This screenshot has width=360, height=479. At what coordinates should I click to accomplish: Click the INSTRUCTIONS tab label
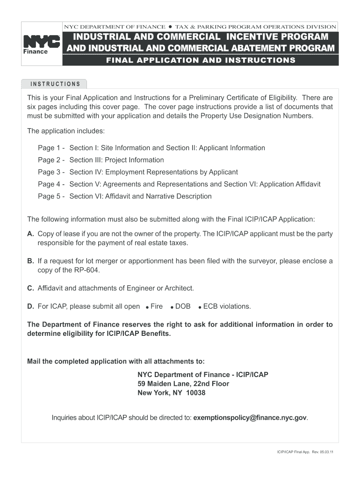tap(55, 84)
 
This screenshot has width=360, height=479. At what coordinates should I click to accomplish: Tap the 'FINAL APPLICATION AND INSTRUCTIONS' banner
tap(201, 60)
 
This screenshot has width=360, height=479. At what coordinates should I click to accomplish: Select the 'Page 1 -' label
tap(51, 148)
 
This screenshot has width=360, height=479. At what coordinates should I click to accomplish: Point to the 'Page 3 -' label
tap(51, 172)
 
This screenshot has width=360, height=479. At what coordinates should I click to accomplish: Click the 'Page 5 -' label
tap(51, 196)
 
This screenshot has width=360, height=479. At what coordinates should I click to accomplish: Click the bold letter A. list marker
tap(30, 233)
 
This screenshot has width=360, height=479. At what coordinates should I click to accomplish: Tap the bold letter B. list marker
tap(30, 261)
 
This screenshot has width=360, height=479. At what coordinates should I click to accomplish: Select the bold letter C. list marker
tap(30, 288)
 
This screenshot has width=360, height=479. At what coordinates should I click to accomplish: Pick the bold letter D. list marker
tap(30, 306)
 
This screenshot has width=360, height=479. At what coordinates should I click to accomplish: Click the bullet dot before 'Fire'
tap(147, 307)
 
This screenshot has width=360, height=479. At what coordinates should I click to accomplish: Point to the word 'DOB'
tap(183, 306)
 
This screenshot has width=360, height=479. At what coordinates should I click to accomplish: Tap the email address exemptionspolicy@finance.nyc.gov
tap(251, 418)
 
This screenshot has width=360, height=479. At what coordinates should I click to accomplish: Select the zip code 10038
tap(195, 393)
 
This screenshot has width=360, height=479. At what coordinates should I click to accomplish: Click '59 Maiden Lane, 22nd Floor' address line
tap(183, 384)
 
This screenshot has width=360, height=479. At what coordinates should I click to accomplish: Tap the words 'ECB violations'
tap(227, 306)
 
